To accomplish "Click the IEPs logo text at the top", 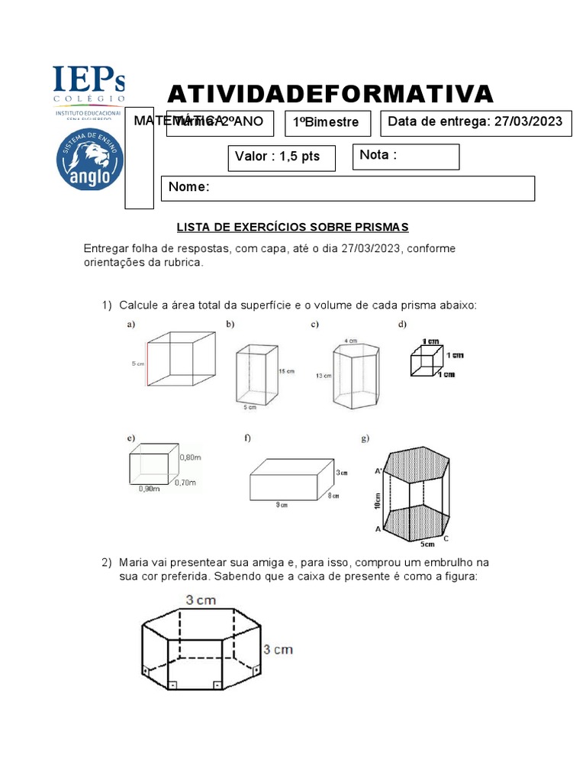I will pyautogui.click(x=89, y=82).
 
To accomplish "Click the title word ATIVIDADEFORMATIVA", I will pyautogui.click(x=330, y=94).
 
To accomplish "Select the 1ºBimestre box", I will pyautogui.click(x=327, y=123).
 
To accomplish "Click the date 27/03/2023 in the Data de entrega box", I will pyautogui.click(x=528, y=121).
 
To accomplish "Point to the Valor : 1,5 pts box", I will pyautogui.click(x=278, y=157).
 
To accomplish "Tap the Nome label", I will pyautogui.click(x=188, y=188).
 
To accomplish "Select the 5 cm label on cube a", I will pyautogui.click(x=137, y=364).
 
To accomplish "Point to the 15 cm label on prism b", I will pyautogui.click(x=286, y=372).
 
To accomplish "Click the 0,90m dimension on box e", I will pyautogui.click(x=150, y=490).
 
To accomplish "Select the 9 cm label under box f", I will pyautogui.click(x=282, y=504).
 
